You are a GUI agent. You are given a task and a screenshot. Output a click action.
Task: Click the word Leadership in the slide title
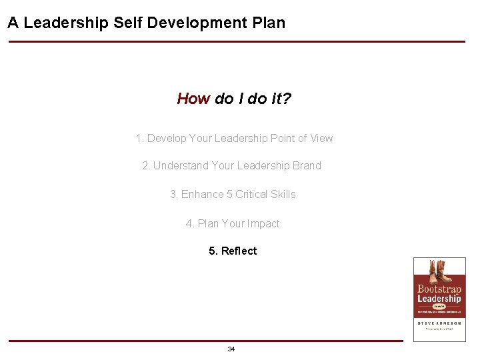coord(66,23)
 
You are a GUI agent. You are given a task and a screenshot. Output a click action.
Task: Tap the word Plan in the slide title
coord(269,23)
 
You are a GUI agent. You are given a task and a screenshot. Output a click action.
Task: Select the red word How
coord(193,99)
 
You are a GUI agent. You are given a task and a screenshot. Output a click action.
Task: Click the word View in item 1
coord(321,139)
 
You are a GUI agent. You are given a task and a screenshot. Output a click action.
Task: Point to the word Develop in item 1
coord(167,139)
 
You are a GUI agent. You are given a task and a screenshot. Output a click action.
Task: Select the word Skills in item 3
coord(283,195)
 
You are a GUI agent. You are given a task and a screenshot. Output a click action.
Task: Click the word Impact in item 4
coord(263,224)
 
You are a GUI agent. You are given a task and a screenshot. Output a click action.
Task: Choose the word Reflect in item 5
coord(239,251)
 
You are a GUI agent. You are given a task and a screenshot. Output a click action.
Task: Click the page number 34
coord(231,349)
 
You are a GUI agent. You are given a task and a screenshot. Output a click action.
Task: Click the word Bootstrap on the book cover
coord(439,289)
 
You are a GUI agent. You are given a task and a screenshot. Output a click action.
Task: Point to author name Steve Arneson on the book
coord(439,323)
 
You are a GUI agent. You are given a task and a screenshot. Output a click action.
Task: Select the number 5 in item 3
coord(229,195)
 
